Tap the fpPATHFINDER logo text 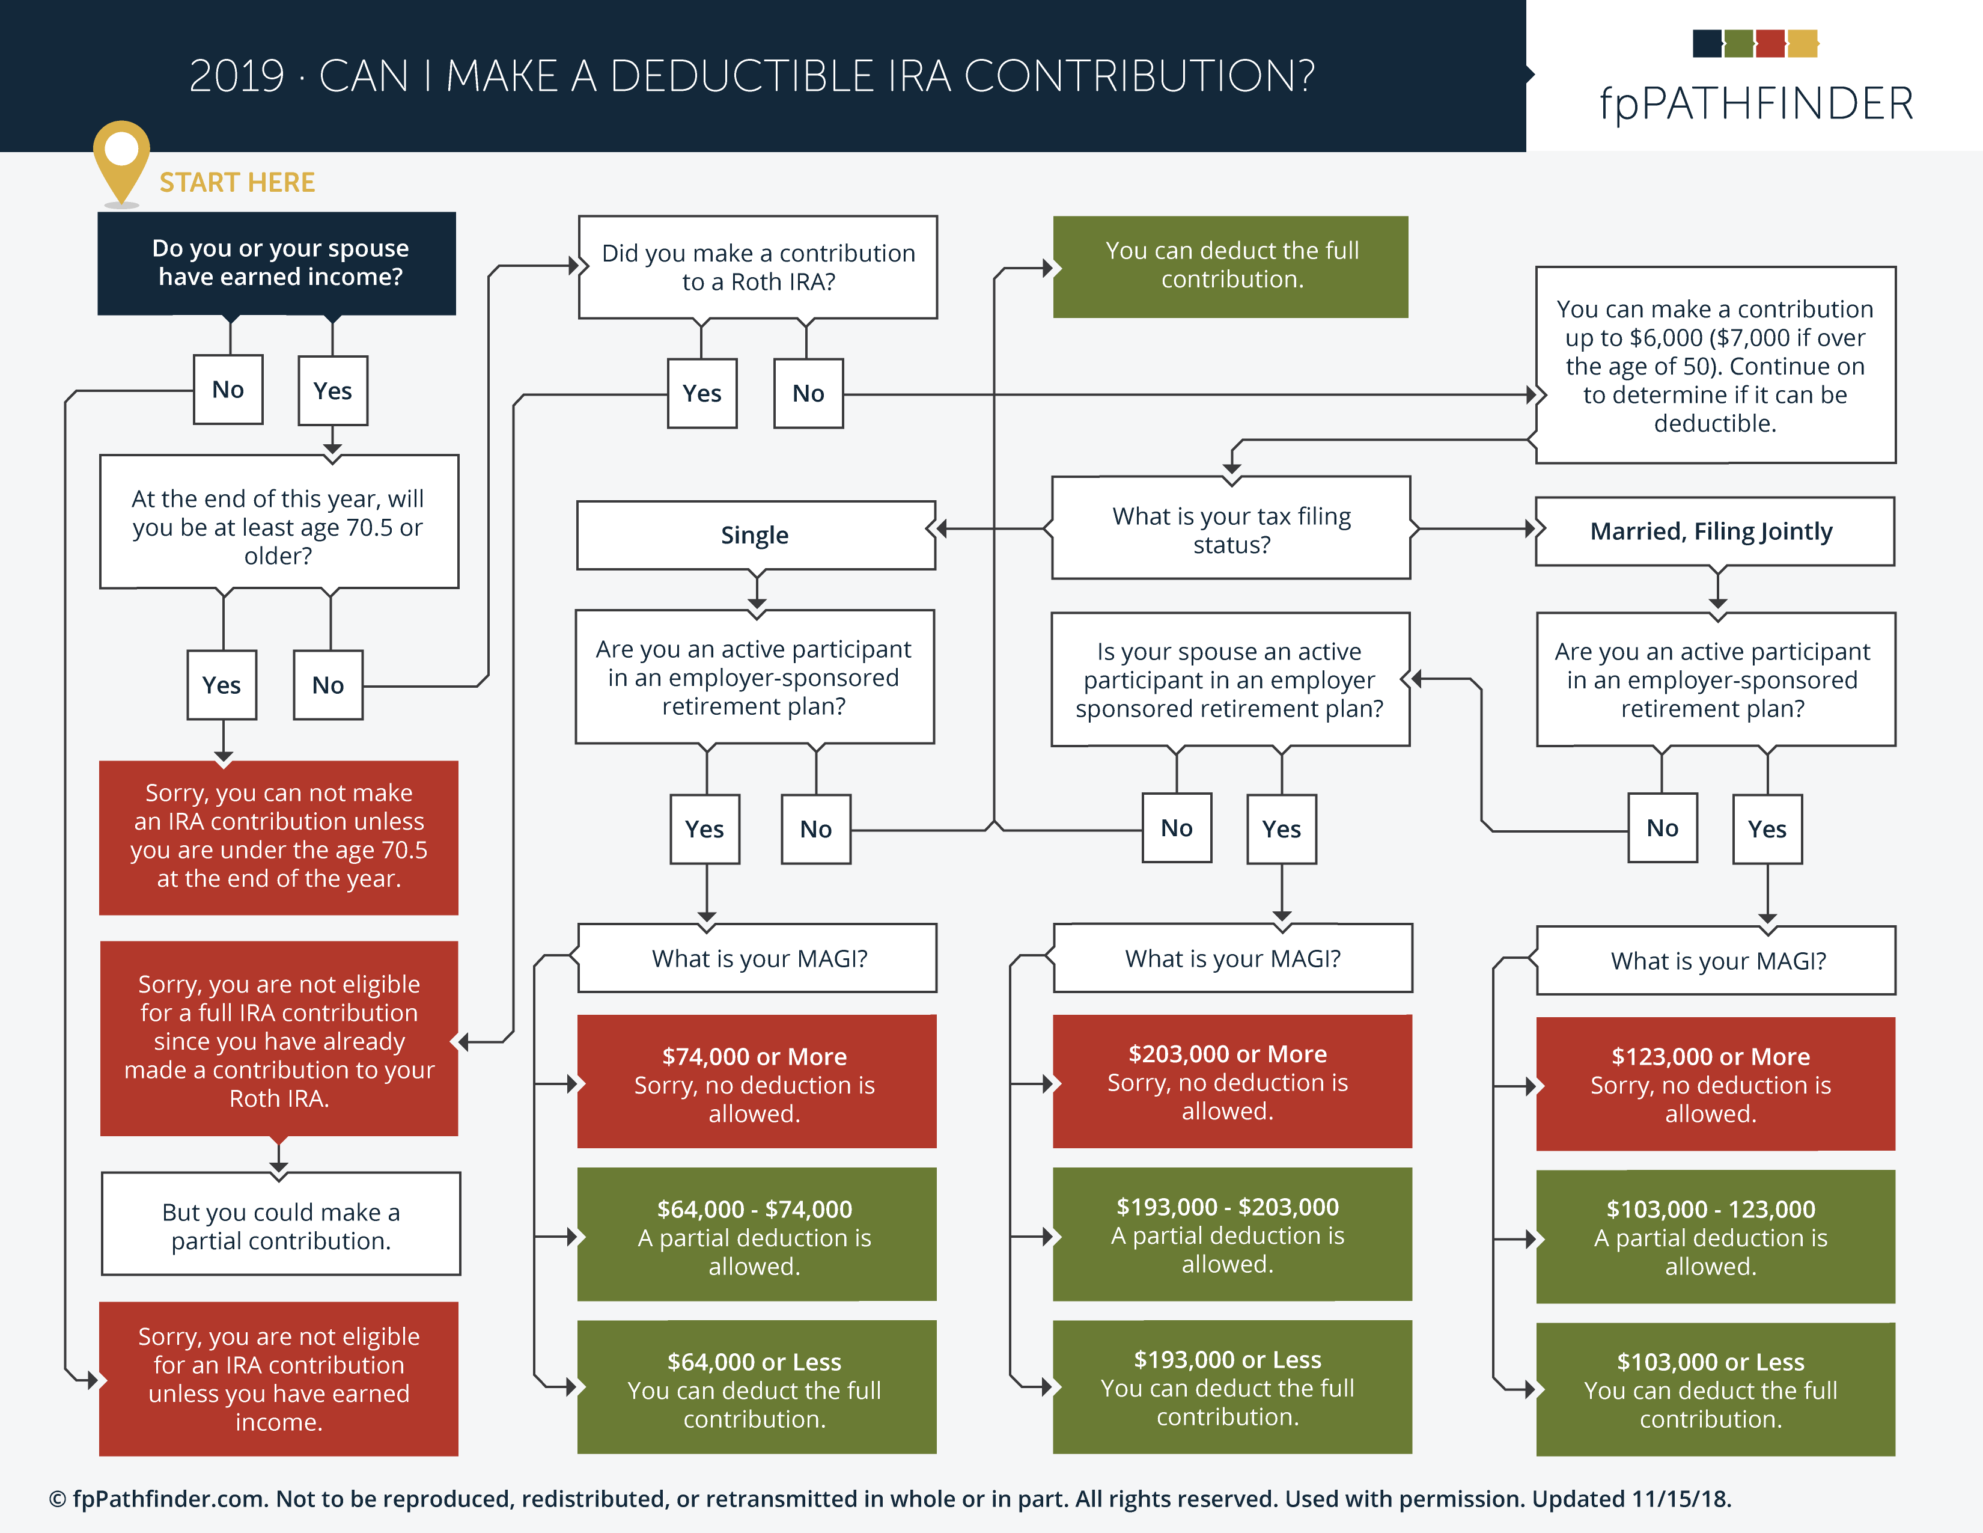1756,103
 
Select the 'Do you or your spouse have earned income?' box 277,263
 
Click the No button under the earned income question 228,390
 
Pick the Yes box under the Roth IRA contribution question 702,393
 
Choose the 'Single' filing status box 755,535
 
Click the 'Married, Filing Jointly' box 1715,531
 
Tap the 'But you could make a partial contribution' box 281,1224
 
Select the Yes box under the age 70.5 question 222,685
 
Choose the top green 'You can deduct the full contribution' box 1230,267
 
